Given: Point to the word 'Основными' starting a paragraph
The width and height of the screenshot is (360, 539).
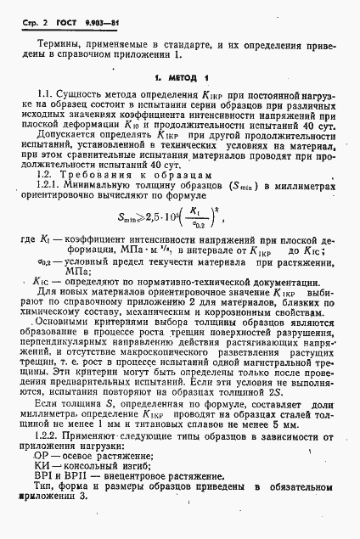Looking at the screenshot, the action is (70, 347).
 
